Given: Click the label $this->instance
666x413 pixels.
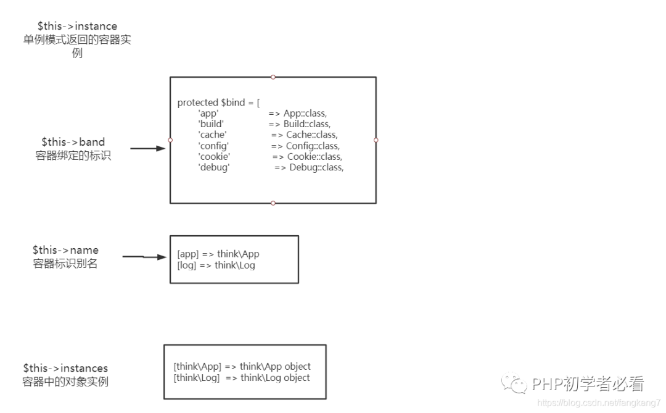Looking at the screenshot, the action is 77,26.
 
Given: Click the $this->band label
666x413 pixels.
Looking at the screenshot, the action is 73,143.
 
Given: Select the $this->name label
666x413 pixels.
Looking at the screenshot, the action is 65,250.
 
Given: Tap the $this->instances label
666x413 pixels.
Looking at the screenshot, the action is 65,368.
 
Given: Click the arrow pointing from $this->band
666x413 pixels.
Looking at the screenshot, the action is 149,149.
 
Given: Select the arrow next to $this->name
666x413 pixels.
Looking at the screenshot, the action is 144,256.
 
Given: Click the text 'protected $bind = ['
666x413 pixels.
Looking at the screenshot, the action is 218,102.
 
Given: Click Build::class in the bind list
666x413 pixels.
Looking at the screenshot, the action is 307,124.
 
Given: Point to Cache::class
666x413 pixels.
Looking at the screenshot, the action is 312,135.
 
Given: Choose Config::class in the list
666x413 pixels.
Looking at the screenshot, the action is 313,146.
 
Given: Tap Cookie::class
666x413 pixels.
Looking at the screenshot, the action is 314,156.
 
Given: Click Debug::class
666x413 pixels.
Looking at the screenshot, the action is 316,167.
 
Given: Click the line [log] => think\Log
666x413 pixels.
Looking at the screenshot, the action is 216,265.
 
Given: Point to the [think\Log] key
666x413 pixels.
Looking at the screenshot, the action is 197,378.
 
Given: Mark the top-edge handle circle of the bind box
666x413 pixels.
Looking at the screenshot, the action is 273,77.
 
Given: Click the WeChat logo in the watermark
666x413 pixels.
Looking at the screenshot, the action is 514,384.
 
